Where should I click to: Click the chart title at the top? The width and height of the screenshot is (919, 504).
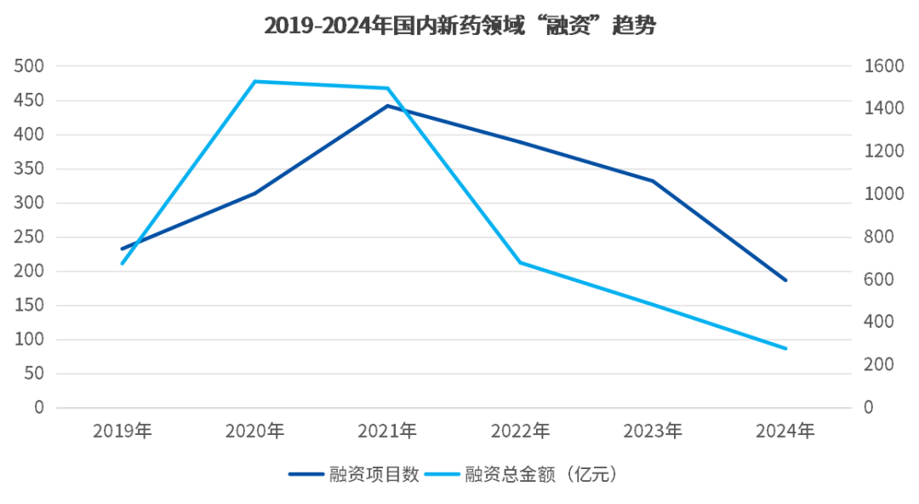click(459, 26)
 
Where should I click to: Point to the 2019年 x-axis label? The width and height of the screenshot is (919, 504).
click(123, 431)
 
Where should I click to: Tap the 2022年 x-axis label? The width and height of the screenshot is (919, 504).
click(520, 431)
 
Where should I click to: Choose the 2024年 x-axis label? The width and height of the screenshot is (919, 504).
click(785, 431)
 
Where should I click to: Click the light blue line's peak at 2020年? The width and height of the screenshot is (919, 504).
click(255, 82)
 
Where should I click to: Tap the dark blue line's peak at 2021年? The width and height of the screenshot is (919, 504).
click(388, 106)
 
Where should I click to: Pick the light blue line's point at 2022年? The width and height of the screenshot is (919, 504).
click(520, 262)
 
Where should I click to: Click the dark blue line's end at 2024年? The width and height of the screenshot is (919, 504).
click(785, 279)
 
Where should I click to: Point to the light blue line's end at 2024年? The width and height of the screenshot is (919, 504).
click(785, 348)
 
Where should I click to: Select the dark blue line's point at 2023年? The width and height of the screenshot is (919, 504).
click(653, 180)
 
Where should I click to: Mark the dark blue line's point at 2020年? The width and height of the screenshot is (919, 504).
click(255, 193)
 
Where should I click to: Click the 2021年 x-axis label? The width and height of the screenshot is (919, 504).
click(388, 431)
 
